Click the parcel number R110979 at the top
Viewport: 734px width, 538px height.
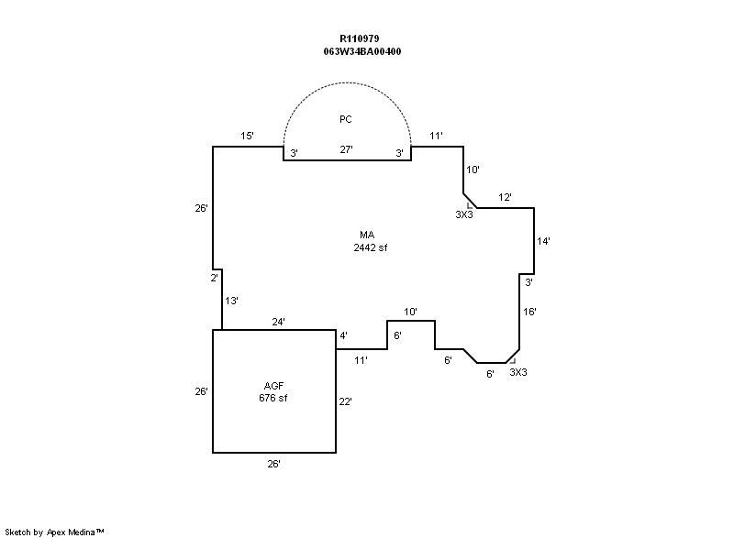coord(359,38)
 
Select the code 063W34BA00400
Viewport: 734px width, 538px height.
coord(361,51)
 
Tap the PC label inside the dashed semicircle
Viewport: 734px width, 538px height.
coord(346,119)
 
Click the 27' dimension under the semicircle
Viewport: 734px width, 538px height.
coord(346,149)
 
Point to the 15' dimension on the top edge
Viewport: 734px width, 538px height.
coord(247,136)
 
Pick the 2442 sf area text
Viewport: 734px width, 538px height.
coord(371,247)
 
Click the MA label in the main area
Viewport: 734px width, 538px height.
coord(367,235)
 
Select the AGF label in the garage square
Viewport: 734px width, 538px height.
coord(273,386)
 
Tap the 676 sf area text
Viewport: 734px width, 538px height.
coord(272,398)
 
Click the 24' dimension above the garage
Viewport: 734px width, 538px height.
coord(278,322)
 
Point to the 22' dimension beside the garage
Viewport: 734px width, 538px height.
coord(345,401)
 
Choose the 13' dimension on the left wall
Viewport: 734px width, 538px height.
coord(231,301)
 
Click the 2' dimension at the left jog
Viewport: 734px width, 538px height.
coord(214,278)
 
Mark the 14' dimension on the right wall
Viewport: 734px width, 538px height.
coord(543,241)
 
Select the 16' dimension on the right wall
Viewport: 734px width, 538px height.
coord(529,312)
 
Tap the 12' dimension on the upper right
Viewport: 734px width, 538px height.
coord(505,197)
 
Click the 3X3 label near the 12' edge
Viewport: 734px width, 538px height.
coord(464,214)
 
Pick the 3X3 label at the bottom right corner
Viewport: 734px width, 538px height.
coord(518,372)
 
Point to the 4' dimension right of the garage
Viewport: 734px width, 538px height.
coord(343,335)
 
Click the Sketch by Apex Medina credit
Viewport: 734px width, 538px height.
coord(54,532)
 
